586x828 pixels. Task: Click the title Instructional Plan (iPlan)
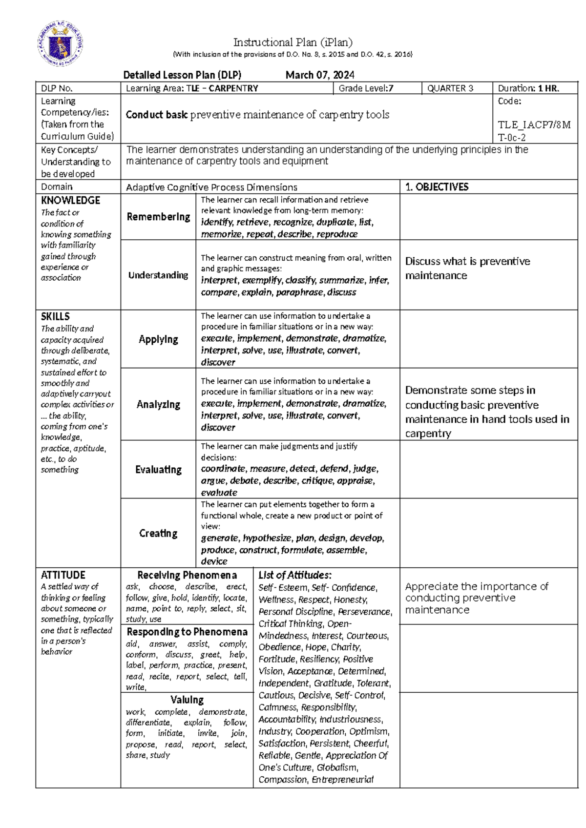293,42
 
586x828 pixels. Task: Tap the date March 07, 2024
320,75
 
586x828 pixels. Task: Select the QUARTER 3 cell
450,88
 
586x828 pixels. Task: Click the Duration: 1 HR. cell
528,88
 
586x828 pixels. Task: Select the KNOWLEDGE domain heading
70,200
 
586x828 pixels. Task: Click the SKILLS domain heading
55,316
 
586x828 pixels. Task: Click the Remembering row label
158,217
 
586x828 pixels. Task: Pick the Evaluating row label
158,470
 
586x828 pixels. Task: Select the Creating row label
158,533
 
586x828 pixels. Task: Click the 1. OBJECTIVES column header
437,187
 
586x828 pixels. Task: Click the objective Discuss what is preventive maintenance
467,268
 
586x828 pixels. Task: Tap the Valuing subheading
187,700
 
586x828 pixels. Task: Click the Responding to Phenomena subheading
187,632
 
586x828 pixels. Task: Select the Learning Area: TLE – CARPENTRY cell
192,88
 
